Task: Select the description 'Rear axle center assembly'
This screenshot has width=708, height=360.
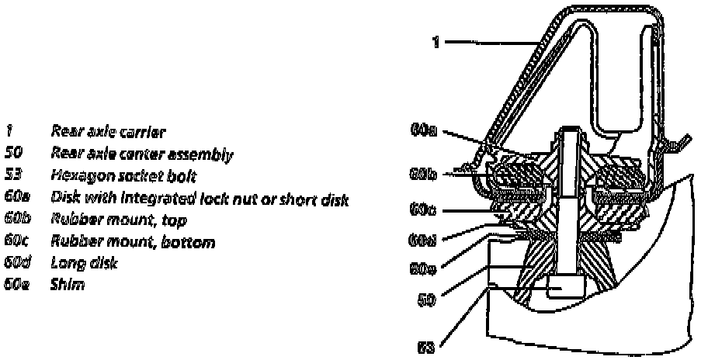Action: [141, 154]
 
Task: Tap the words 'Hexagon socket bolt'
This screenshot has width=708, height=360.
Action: [123, 176]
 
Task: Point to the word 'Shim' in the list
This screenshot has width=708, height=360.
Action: [67, 286]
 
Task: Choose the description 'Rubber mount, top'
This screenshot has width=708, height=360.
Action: [118, 220]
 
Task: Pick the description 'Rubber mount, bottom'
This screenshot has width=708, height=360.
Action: [133, 242]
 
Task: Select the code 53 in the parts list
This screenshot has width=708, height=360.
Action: [14, 176]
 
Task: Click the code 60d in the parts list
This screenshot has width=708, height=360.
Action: [17, 264]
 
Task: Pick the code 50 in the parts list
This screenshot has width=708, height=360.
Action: [14, 154]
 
